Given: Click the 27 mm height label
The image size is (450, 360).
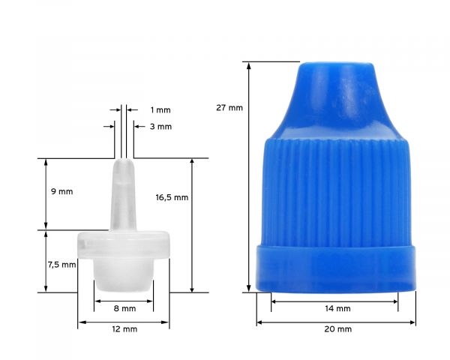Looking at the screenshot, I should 229,108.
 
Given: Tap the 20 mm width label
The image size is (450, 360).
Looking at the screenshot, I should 338,329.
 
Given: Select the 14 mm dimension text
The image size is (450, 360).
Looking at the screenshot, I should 338,308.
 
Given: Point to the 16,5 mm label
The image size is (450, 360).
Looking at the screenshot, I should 172,197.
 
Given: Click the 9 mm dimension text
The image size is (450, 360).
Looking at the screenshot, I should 61,191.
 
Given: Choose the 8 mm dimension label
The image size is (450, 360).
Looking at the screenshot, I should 124,308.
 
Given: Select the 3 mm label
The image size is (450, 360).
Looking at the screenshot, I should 160,127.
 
